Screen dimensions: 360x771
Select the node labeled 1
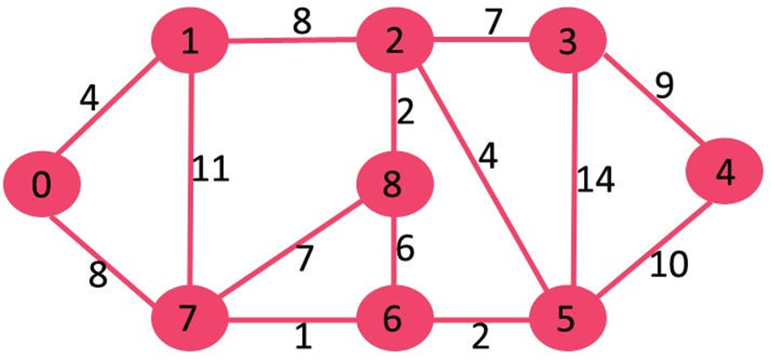coord(190,43)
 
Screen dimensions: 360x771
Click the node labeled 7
coord(190,315)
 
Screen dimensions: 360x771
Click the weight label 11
coord(212,171)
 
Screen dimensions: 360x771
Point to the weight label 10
coord(669,265)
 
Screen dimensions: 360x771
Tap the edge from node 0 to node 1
coord(115,115)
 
